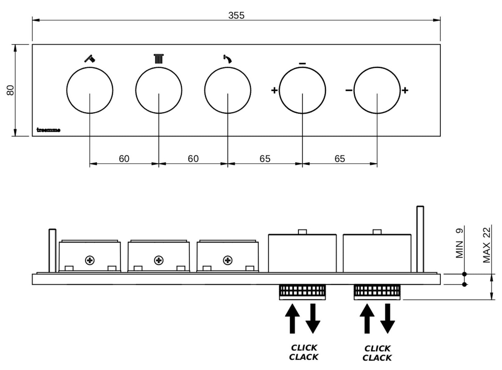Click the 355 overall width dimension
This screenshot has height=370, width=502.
[236, 15]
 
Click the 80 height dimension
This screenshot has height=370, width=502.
[11, 90]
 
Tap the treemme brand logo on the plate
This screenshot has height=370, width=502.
[48, 130]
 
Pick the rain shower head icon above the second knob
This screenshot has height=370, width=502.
[158, 59]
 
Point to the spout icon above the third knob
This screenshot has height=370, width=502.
[228, 59]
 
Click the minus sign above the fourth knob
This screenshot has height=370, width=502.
[302, 63]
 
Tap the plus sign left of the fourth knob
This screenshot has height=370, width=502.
[274, 91]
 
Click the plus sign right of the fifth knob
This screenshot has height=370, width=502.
[405, 91]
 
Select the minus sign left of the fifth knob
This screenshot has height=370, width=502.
[349, 91]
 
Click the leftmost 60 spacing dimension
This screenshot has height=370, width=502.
[124, 158]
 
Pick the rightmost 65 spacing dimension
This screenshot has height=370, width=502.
[339, 158]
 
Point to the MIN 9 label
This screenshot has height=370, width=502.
[459, 243]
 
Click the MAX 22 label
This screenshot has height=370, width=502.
[486, 244]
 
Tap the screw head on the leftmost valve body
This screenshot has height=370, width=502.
[90, 260]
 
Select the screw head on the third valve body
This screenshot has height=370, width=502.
[228, 260]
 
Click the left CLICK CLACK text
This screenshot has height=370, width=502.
[304, 352]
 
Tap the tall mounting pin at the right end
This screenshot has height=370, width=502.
[420, 239]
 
